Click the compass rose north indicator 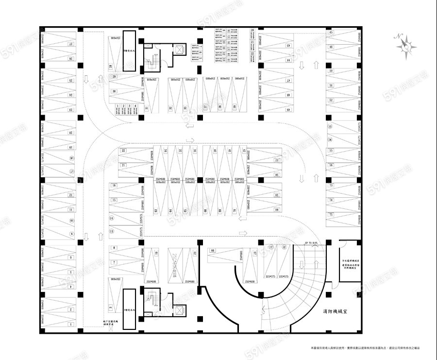pyautogui.click(x=406, y=46)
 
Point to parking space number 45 pyautogui.click(x=331, y=32)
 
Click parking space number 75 pyautogui.click(x=331, y=214)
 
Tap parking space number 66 pyautogui.click(x=213, y=251)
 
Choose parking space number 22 pyautogui.click(x=123, y=151)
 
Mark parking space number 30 pyautogui.click(x=114, y=91)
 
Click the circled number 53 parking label pyautogui.click(x=330, y=126)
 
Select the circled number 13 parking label pyautogui.click(x=112, y=232)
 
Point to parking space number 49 pyautogui.click(x=288, y=110)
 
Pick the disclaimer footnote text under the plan pyautogui.click(x=365, y=348)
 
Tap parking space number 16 pyautogui.click(x=114, y=186)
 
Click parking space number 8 pyautogui.click(x=114, y=248)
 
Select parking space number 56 pyautogui.click(x=331, y=165)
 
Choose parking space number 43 pyautogui.click(x=288, y=45)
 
